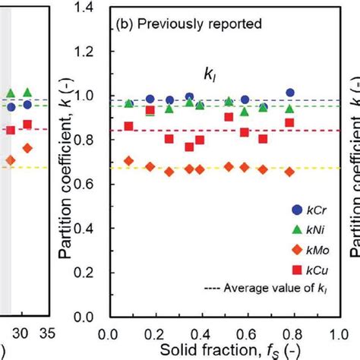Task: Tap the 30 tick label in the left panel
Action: [24, 332]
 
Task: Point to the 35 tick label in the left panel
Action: [47, 332]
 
